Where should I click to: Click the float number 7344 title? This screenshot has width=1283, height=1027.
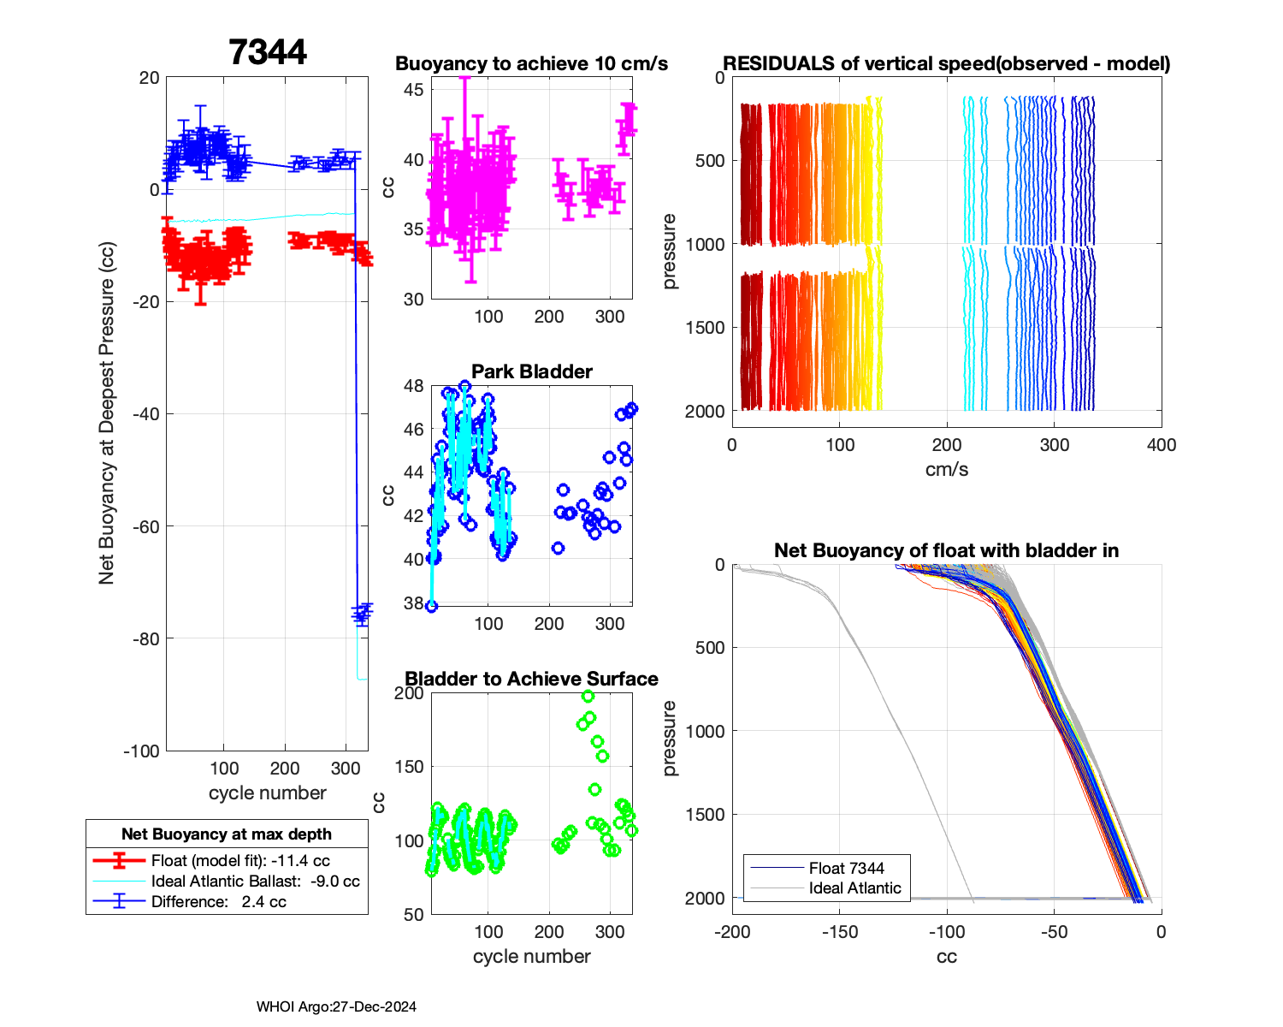(268, 52)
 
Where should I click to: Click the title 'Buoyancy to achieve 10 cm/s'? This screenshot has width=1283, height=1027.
(531, 63)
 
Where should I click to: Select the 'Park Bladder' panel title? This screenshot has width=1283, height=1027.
(532, 371)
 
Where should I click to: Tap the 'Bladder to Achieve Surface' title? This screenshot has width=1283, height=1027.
(531, 679)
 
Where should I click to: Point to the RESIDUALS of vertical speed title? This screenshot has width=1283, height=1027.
(946, 63)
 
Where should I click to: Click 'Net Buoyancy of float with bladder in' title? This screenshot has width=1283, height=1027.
(946, 550)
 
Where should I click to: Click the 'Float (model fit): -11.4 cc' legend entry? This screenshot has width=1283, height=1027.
(240, 861)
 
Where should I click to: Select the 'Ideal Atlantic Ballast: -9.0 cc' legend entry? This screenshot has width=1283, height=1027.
(255, 882)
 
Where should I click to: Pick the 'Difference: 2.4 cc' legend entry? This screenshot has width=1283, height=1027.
(218, 902)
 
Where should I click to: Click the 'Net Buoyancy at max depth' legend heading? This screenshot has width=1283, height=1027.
(227, 834)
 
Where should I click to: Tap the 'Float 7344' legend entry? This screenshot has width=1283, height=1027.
(846, 868)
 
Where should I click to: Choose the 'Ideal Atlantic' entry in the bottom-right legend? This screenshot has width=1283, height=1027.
(854, 888)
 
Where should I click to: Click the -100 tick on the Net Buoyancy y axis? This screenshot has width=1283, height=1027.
(142, 751)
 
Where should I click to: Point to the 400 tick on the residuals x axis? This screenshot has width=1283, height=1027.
(1162, 445)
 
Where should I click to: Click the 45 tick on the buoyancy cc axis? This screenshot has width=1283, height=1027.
(413, 90)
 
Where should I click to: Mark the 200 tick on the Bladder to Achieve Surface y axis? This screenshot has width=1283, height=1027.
(409, 693)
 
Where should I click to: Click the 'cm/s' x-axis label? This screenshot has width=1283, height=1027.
(946, 470)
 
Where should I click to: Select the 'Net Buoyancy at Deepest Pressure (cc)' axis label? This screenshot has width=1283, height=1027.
(106, 413)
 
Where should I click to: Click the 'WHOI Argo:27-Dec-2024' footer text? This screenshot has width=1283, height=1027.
(336, 1006)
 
